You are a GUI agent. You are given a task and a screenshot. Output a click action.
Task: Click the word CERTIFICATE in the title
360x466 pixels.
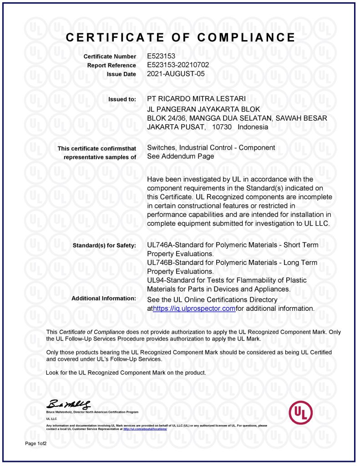tap(113, 37)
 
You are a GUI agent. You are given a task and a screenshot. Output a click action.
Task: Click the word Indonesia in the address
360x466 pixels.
tap(253, 127)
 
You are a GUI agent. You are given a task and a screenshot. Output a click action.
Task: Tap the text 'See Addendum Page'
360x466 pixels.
tap(181, 156)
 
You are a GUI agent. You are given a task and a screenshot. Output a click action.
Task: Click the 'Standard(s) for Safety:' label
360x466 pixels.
tap(104, 246)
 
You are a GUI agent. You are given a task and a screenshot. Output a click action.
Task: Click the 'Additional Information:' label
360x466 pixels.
tap(104, 298)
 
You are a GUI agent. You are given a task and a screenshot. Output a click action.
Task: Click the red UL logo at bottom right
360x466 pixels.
tap(301, 412)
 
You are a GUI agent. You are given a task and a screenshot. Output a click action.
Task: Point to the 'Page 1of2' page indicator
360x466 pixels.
tap(36, 443)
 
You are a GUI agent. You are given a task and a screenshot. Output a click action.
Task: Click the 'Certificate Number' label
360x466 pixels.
tap(110, 56)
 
